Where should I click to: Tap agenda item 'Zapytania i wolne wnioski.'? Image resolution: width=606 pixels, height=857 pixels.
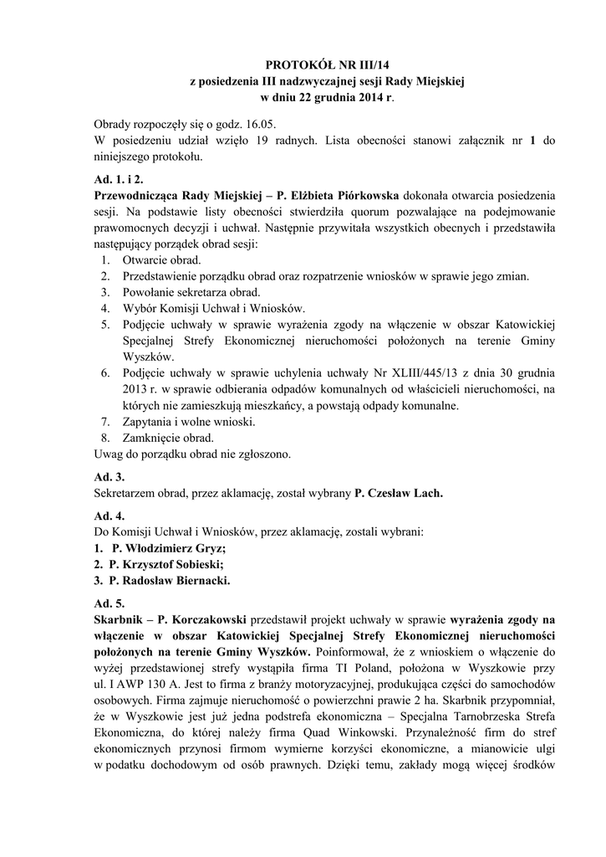pyautogui.click(x=188, y=421)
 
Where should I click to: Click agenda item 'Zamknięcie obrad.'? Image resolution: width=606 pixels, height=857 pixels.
pyautogui.click(x=168, y=437)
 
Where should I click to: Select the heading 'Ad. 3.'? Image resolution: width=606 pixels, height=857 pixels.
pyautogui.click(x=109, y=476)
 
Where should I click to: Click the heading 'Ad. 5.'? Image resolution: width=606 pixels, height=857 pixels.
pyautogui.click(x=109, y=603)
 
